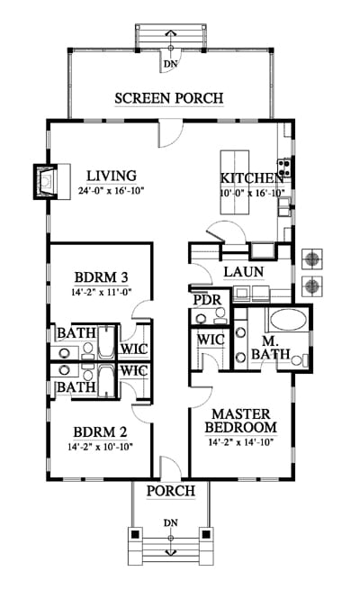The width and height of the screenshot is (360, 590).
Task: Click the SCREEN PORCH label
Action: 169,98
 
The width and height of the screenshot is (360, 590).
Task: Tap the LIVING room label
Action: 112,176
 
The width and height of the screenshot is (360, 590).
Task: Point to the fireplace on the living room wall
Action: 52,182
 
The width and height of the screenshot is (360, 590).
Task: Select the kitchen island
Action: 235,183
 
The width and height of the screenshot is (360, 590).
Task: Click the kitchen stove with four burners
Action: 283,168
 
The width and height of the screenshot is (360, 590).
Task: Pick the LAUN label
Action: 244,272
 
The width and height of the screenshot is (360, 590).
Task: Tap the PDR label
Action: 207,300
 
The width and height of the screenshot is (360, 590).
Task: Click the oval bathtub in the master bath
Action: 288,320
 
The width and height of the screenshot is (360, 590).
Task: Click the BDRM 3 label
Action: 101,277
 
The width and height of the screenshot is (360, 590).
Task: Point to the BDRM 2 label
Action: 100,432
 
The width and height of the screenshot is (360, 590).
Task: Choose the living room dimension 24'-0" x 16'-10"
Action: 112,191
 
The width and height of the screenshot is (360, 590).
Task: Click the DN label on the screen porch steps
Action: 171,64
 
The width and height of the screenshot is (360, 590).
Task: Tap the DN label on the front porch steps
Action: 171,522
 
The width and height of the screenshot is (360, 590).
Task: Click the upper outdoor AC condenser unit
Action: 312,259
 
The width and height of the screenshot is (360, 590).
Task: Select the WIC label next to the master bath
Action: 211,340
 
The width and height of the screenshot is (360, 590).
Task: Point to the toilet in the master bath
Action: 300,360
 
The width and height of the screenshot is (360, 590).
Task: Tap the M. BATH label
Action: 271,348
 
